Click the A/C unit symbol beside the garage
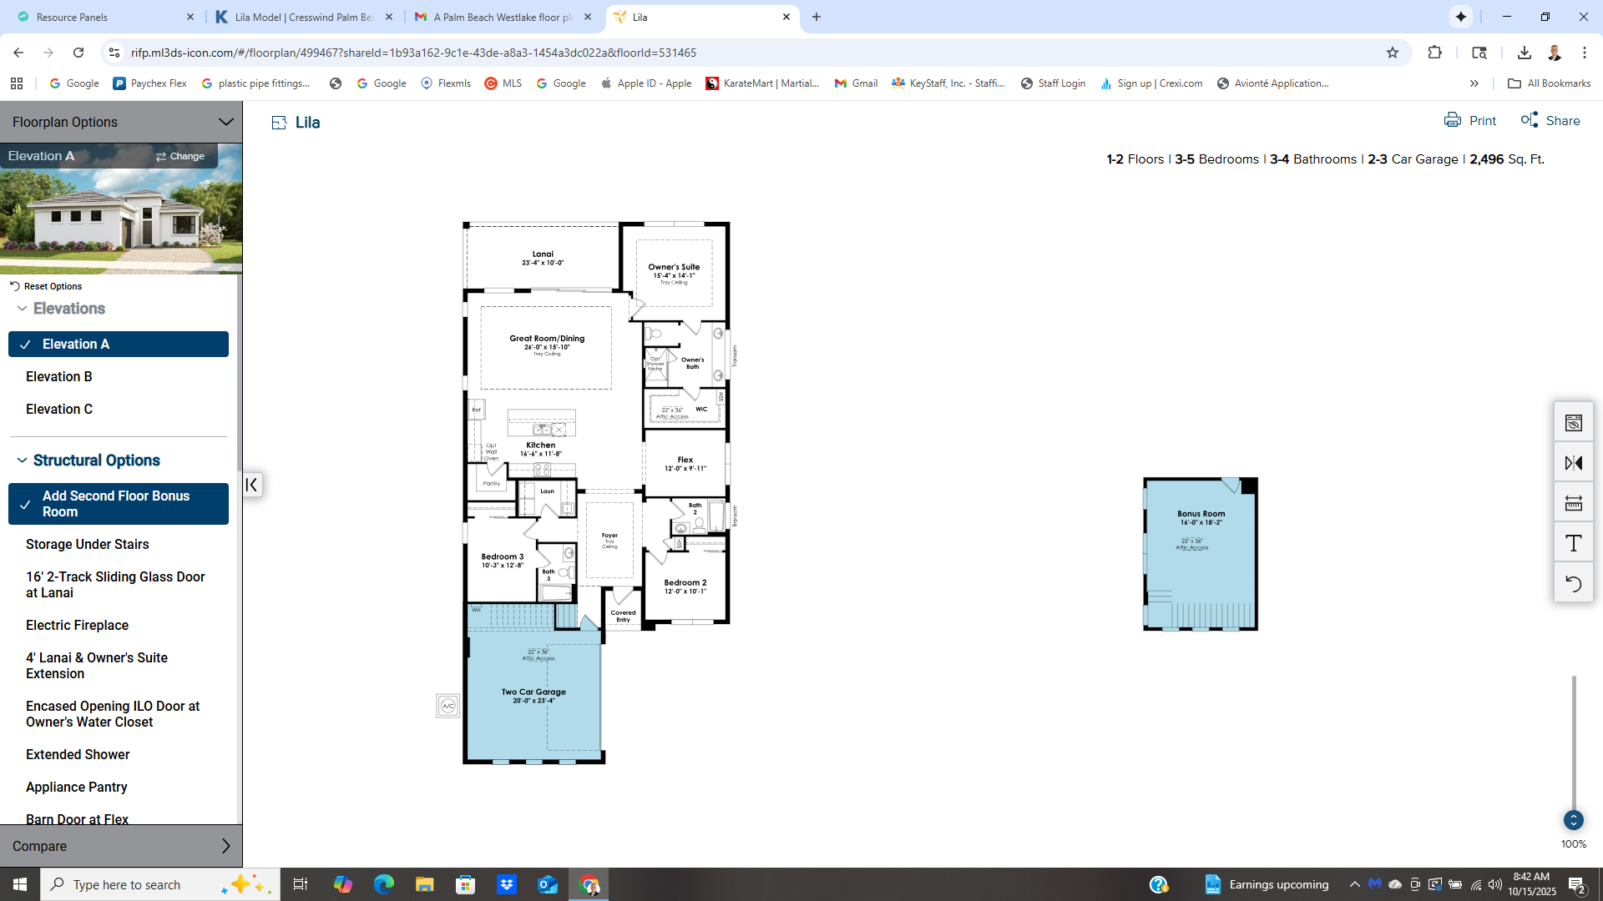pos(448,706)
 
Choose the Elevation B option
pos(59,377)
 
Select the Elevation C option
pos(59,410)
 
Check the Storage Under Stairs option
pos(88,545)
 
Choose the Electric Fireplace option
pos(78,626)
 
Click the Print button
pos(1470,121)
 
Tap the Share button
pos(1550,121)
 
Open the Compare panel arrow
pos(225,846)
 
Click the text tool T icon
pos(1573,544)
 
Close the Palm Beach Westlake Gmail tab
pos(588,17)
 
